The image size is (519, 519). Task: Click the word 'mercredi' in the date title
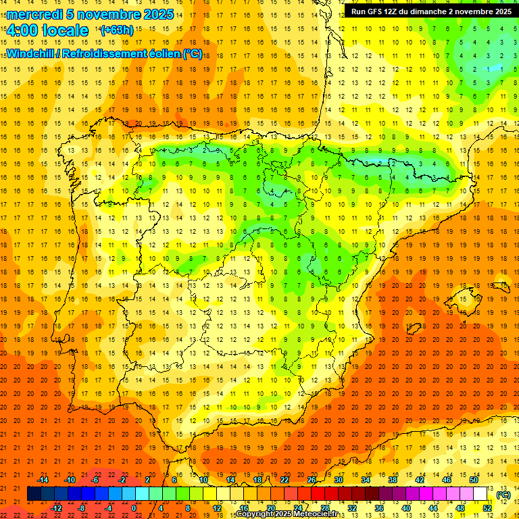coord(34,14)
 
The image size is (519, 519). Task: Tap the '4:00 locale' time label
coord(47,30)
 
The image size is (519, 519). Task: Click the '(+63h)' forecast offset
coord(116,30)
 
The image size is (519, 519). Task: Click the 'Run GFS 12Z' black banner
coord(430,11)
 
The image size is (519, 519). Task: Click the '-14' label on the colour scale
coord(43,480)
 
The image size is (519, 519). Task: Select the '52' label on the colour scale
coord(487,508)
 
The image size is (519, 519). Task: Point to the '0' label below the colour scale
coord(134,508)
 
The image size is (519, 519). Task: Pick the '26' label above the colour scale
coord(312,480)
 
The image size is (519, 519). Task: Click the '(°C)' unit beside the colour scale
coord(503,495)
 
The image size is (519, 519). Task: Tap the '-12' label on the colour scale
coord(56,508)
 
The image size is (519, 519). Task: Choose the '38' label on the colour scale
coord(393,480)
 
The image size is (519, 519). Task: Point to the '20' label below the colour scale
coord(270,508)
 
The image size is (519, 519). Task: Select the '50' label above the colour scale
coord(474,480)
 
